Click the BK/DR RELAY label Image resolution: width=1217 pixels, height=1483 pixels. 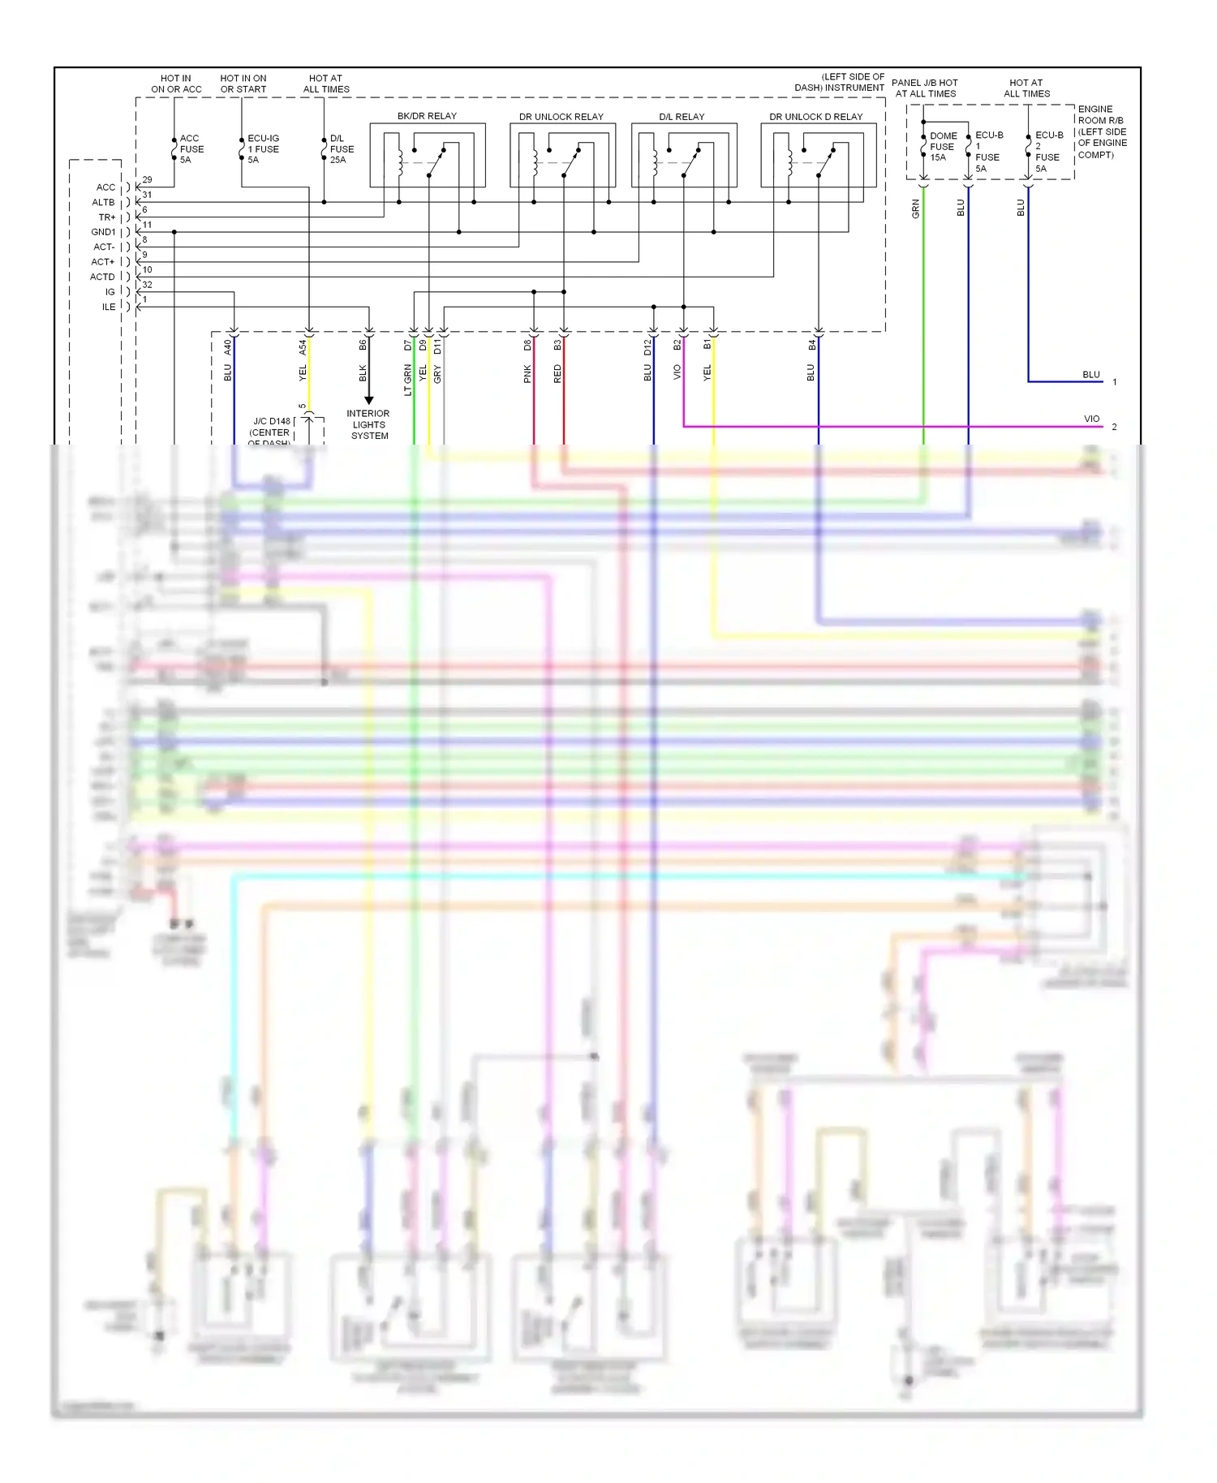click(x=427, y=116)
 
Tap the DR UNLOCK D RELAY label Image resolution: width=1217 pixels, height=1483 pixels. click(x=815, y=117)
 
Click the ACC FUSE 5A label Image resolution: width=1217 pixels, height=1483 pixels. click(x=191, y=149)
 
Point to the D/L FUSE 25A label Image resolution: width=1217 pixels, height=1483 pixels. click(x=342, y=149)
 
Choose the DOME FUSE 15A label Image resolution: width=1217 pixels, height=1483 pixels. click(x=942, y=147)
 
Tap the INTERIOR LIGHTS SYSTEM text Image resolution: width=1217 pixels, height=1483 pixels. click(x=368, y=424)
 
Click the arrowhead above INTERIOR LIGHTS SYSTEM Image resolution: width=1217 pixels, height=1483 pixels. click(x=368, y=400)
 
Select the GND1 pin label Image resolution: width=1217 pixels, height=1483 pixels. click(x=103, y=232)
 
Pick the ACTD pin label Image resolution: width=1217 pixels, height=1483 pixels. click(x=102, y=277)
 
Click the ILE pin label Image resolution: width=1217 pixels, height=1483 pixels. click(x=109, y=307)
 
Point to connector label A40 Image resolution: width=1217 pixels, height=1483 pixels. click(x=228, y=346)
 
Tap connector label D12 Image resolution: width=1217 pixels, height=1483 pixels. click(x=647, y=346)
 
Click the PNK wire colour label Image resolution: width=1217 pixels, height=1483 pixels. click(x=527, y=373)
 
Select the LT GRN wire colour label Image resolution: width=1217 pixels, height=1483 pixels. click(x=408, y=380)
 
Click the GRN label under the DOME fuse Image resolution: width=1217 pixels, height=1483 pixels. click(x=916, y=209)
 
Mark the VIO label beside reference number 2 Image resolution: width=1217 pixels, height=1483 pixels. click(x=1091, y=419)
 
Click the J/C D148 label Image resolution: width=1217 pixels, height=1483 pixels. click(x=271, y=422)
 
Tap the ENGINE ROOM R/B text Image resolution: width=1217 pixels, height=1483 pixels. click(x=1101, y=114)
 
